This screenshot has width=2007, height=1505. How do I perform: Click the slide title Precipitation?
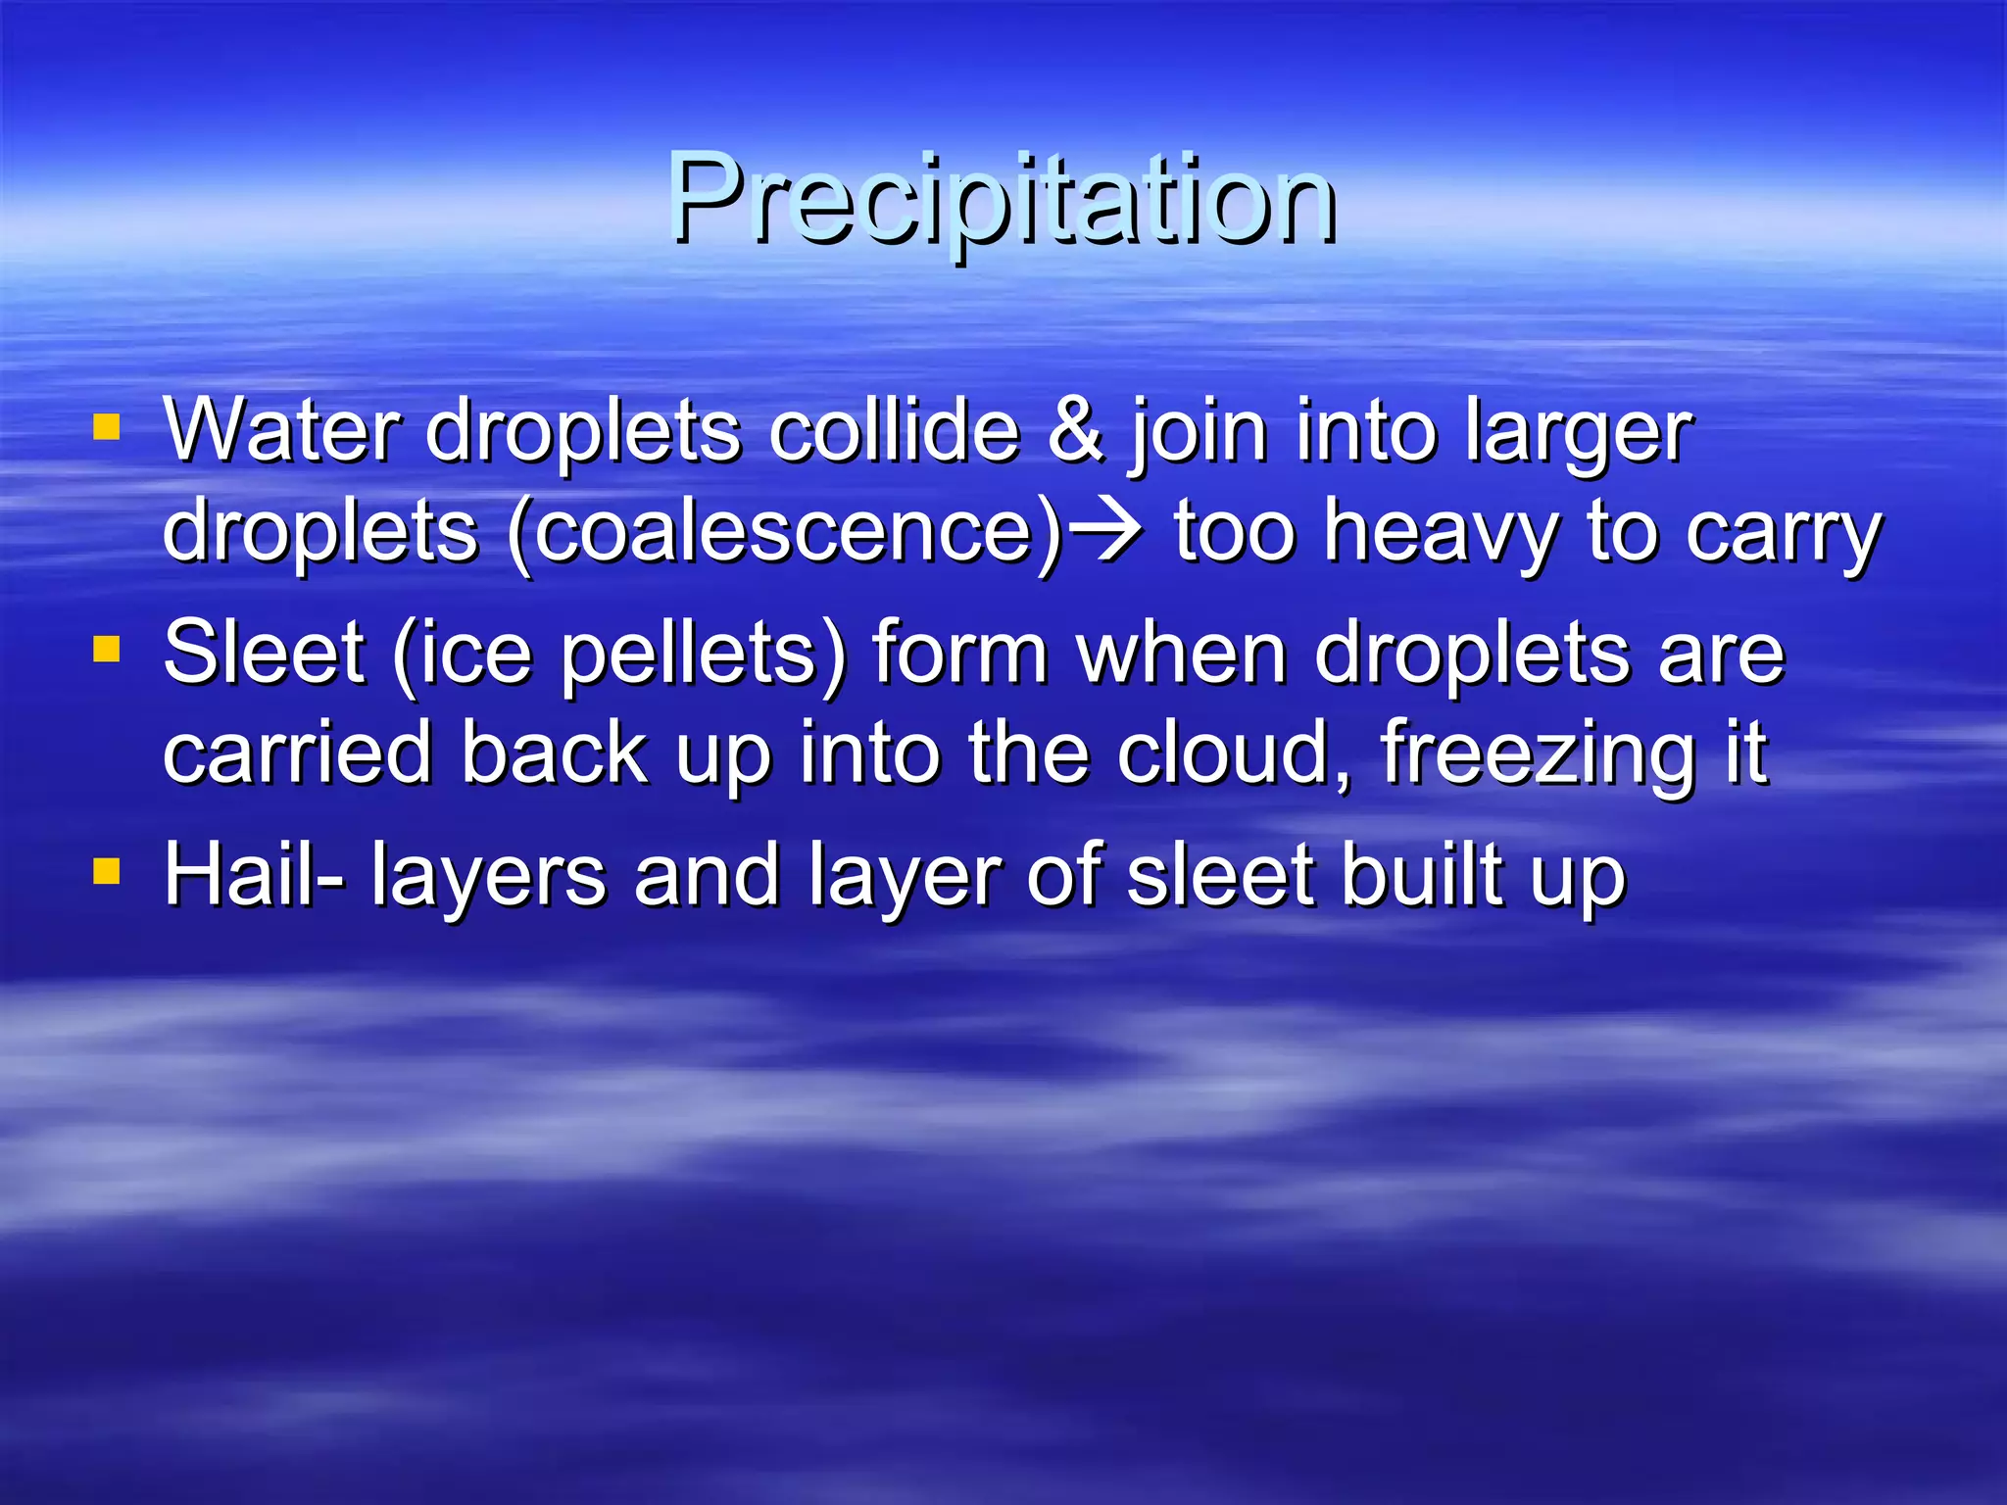coord(1002,201)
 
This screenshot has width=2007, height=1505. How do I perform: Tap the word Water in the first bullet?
coord(281,431)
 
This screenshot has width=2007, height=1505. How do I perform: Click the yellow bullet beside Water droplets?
coord(106,427)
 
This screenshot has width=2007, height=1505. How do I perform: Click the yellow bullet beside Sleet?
coord(106,649)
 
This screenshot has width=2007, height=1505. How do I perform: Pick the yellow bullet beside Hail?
coord(106,871)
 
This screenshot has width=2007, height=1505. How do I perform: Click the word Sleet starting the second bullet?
coord(263,653)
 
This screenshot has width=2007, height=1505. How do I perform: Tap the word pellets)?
coord(702,655)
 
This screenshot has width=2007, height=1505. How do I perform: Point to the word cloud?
coord(1235,752)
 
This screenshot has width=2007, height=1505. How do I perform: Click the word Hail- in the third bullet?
coord(253,874)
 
